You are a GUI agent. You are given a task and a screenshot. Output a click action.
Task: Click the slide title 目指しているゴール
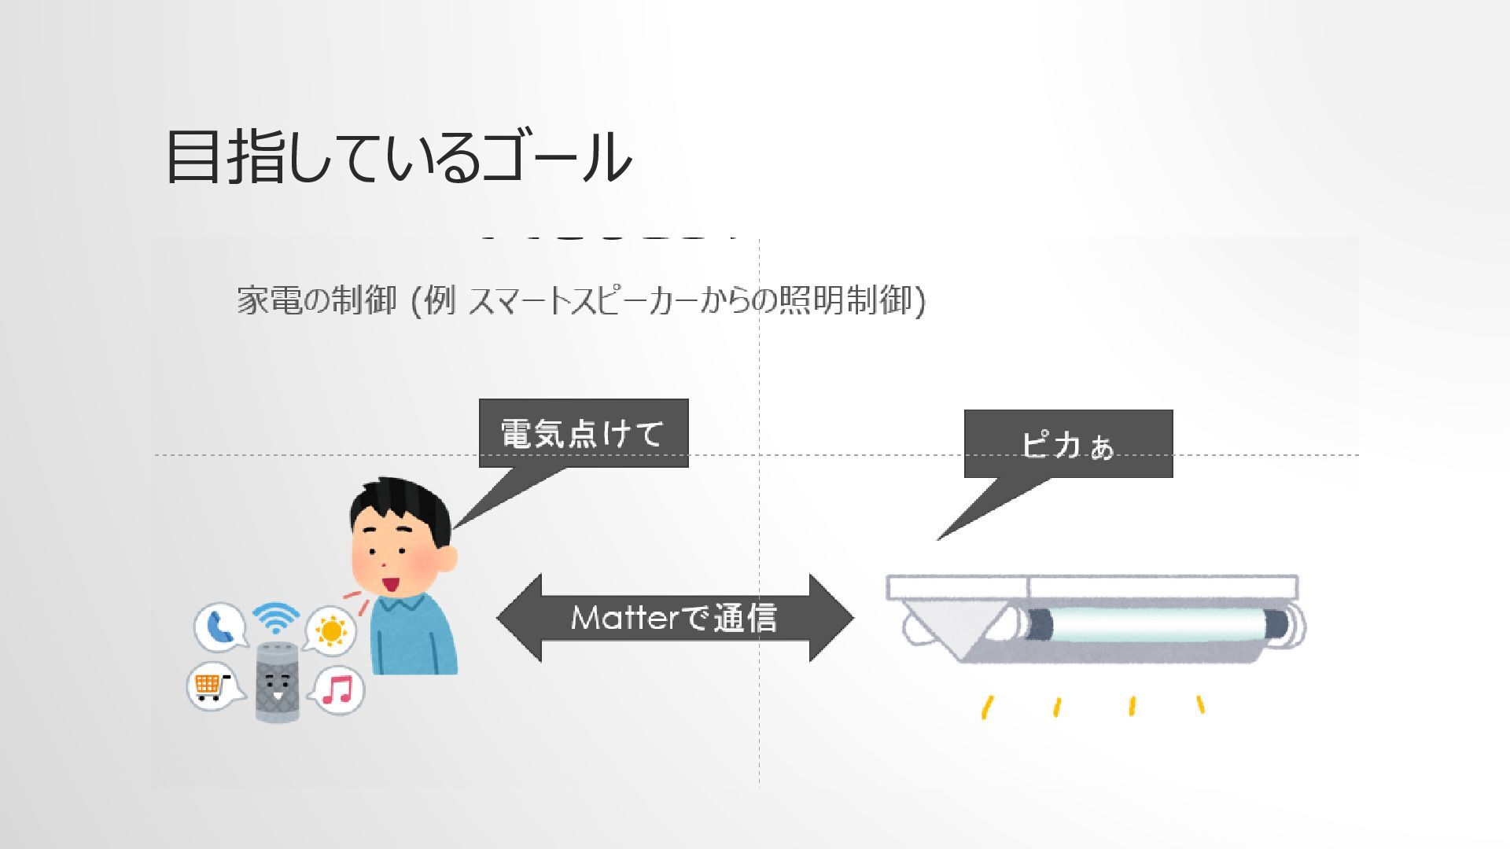398,157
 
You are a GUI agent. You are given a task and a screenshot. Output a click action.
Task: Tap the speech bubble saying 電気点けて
583,433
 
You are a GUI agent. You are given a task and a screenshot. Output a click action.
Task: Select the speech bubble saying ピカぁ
1068,444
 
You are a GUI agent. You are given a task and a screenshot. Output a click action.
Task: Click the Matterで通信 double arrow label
674,618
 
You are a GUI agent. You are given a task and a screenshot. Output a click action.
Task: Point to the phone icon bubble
218,627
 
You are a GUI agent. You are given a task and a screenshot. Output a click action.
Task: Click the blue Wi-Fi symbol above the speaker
276,617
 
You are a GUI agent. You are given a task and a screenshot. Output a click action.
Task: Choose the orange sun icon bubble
331,630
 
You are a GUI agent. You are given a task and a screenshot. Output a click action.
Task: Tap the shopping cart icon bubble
209,685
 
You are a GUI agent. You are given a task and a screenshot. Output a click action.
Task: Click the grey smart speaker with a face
278,681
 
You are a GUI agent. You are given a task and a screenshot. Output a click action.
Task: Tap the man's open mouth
390,584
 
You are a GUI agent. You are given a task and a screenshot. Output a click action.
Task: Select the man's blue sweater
413,637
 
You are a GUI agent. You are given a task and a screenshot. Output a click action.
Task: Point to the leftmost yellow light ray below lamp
986,707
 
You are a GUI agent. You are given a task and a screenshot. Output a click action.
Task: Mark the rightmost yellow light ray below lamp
1200,704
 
